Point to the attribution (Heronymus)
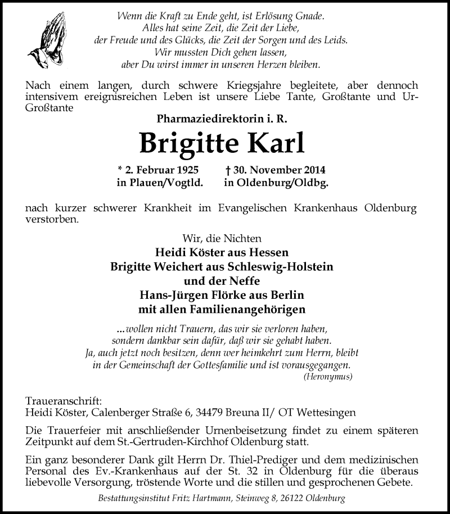point(327,377)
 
